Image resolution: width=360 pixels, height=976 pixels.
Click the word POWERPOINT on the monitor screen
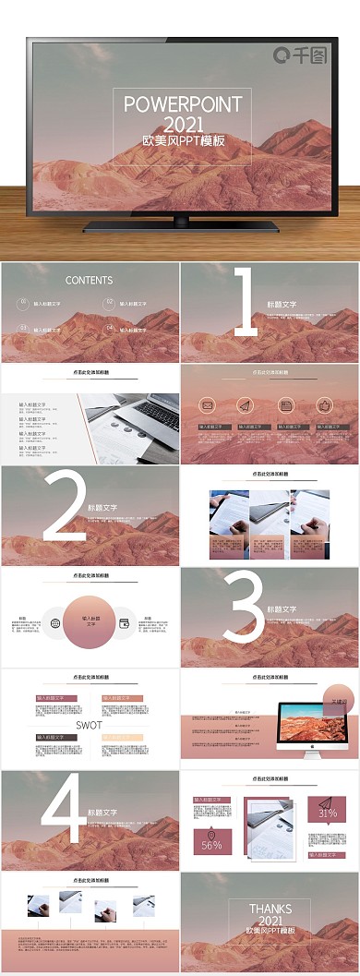[183, 103]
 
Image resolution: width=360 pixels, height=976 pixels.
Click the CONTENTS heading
[90, 280]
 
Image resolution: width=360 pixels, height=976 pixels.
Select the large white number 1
[246, 301]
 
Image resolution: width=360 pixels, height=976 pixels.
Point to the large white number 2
[65, 505]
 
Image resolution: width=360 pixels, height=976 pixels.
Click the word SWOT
[89, 725]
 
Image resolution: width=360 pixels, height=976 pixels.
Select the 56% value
[211, 845]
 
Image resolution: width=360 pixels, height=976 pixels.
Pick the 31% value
[327, 813]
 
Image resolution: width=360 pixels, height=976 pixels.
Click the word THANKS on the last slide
[270, 909]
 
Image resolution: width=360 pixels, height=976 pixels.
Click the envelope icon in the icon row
[208, 405]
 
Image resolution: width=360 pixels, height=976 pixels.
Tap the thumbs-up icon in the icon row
[323, 405]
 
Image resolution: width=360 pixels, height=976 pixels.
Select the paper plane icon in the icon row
[245, 405]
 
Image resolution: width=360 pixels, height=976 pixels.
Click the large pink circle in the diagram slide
[90, 622]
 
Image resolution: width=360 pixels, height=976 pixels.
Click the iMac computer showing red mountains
[300, 727]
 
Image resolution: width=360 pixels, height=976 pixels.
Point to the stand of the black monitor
[181, 224]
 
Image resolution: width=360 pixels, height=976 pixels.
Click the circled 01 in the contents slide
[23, 302]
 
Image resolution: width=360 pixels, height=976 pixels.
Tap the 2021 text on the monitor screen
[183, 124]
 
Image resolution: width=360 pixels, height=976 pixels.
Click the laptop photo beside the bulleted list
[129, 425]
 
